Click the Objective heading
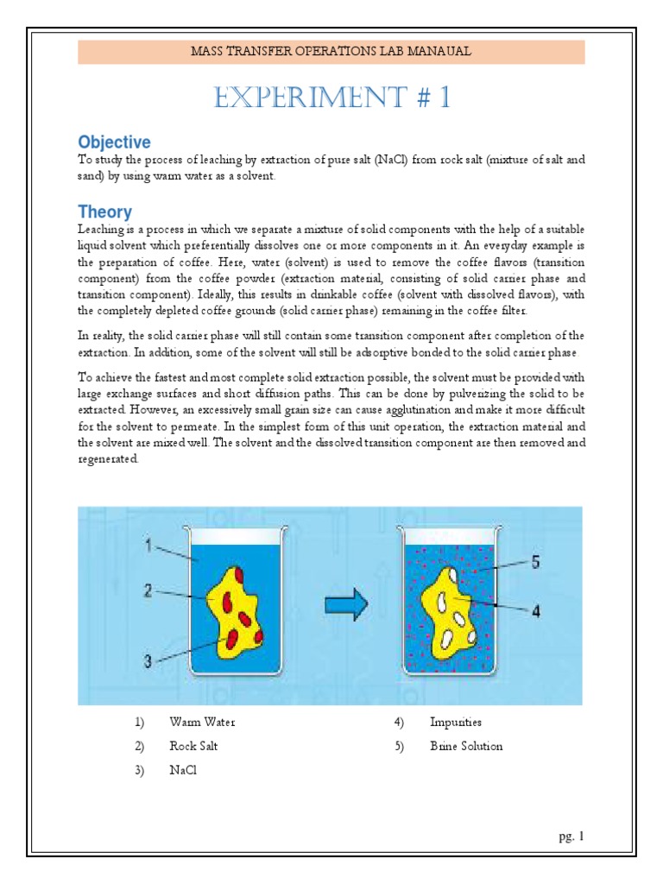click(114, 142)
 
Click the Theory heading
click(104, 212)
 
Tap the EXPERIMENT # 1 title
click(331, 98)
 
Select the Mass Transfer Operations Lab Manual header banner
click(331, 52)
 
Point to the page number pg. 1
click(571, 837)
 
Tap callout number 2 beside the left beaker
click(148, 591)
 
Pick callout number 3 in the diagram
click(148, 662)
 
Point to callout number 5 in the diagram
click(535, 562)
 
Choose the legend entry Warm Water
click(202, 722)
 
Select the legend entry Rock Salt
click(196, 746)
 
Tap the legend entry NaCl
click(184, 771)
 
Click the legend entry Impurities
click(456, 722)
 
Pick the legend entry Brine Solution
click(466, 746)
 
